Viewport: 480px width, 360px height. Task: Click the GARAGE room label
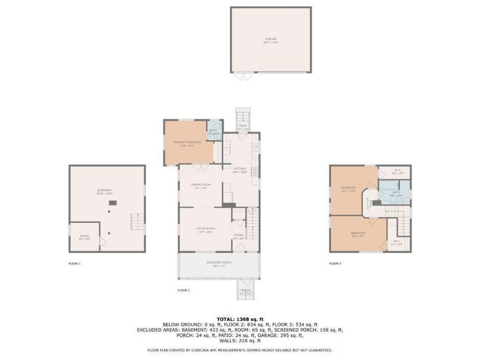click(x=271, y=39)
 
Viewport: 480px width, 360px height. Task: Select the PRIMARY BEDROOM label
click(x=187, y=142)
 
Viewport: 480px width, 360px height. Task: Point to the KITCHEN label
click(x=240, y=169)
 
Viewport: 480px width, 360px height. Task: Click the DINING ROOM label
click(x=201, y=185)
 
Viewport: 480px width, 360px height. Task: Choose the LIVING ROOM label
click(x=204, y=228)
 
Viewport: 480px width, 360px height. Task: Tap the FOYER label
click(x=239, y=235)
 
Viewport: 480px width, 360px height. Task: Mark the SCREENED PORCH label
click(x=219, y=262)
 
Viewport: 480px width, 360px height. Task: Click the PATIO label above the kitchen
click(x=243, y=126)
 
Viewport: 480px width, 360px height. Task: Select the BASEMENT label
click(x=105, y=190)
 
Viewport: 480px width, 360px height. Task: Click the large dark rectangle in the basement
click(x=113, y=202)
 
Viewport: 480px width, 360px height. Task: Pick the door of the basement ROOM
click(x=102, y=242)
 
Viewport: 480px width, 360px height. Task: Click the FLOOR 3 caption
click(x=335, y=263)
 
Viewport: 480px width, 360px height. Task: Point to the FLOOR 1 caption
click(x=74, y=263)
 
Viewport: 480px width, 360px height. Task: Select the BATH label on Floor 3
click(x=396, y=192)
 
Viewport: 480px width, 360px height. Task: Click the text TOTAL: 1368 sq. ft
click(x=240, y=319)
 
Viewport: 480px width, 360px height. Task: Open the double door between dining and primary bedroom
click(x=201, y=167)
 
